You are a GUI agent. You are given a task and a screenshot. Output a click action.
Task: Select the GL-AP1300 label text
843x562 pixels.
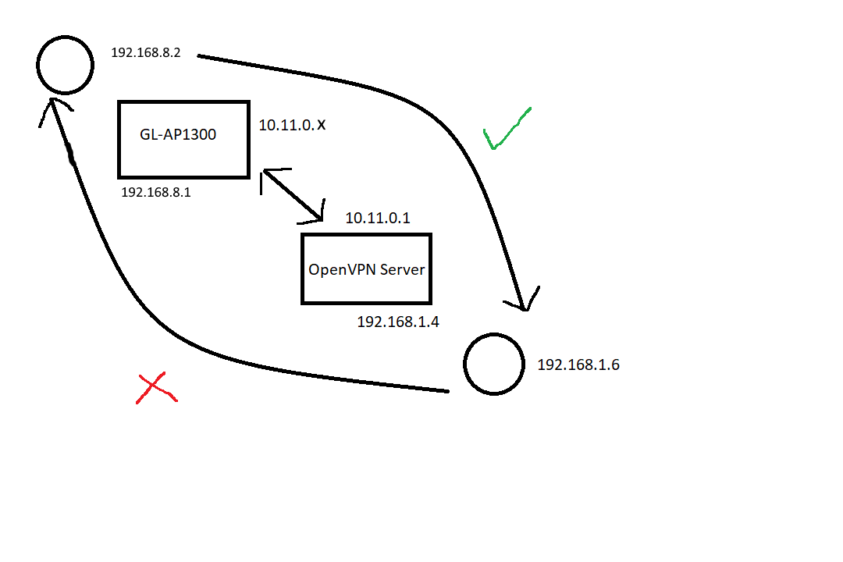click(178, 134)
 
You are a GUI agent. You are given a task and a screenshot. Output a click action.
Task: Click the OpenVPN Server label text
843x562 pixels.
click(367, 269)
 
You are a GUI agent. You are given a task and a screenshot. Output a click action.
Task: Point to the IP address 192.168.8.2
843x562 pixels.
click(146, 53)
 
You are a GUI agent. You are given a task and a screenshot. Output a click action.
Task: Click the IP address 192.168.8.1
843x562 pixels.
click(156, 193)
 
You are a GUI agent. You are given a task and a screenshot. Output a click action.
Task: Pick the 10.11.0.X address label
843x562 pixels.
click(292, 126)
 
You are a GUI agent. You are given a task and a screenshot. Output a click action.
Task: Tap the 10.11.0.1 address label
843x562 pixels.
click(378, 218)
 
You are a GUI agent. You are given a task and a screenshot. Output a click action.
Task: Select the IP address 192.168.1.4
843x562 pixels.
click(398, 322)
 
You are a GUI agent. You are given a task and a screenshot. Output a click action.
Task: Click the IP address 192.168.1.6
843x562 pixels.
click(578, 365)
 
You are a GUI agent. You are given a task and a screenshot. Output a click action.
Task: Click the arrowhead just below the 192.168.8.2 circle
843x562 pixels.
click(53, 103)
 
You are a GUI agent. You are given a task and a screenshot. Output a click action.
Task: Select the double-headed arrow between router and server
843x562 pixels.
click(292, 195)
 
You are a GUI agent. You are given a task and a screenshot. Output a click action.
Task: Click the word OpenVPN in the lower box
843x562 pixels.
click(342, 269)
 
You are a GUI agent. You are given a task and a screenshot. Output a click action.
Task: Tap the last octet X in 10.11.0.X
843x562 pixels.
click(321, 126)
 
